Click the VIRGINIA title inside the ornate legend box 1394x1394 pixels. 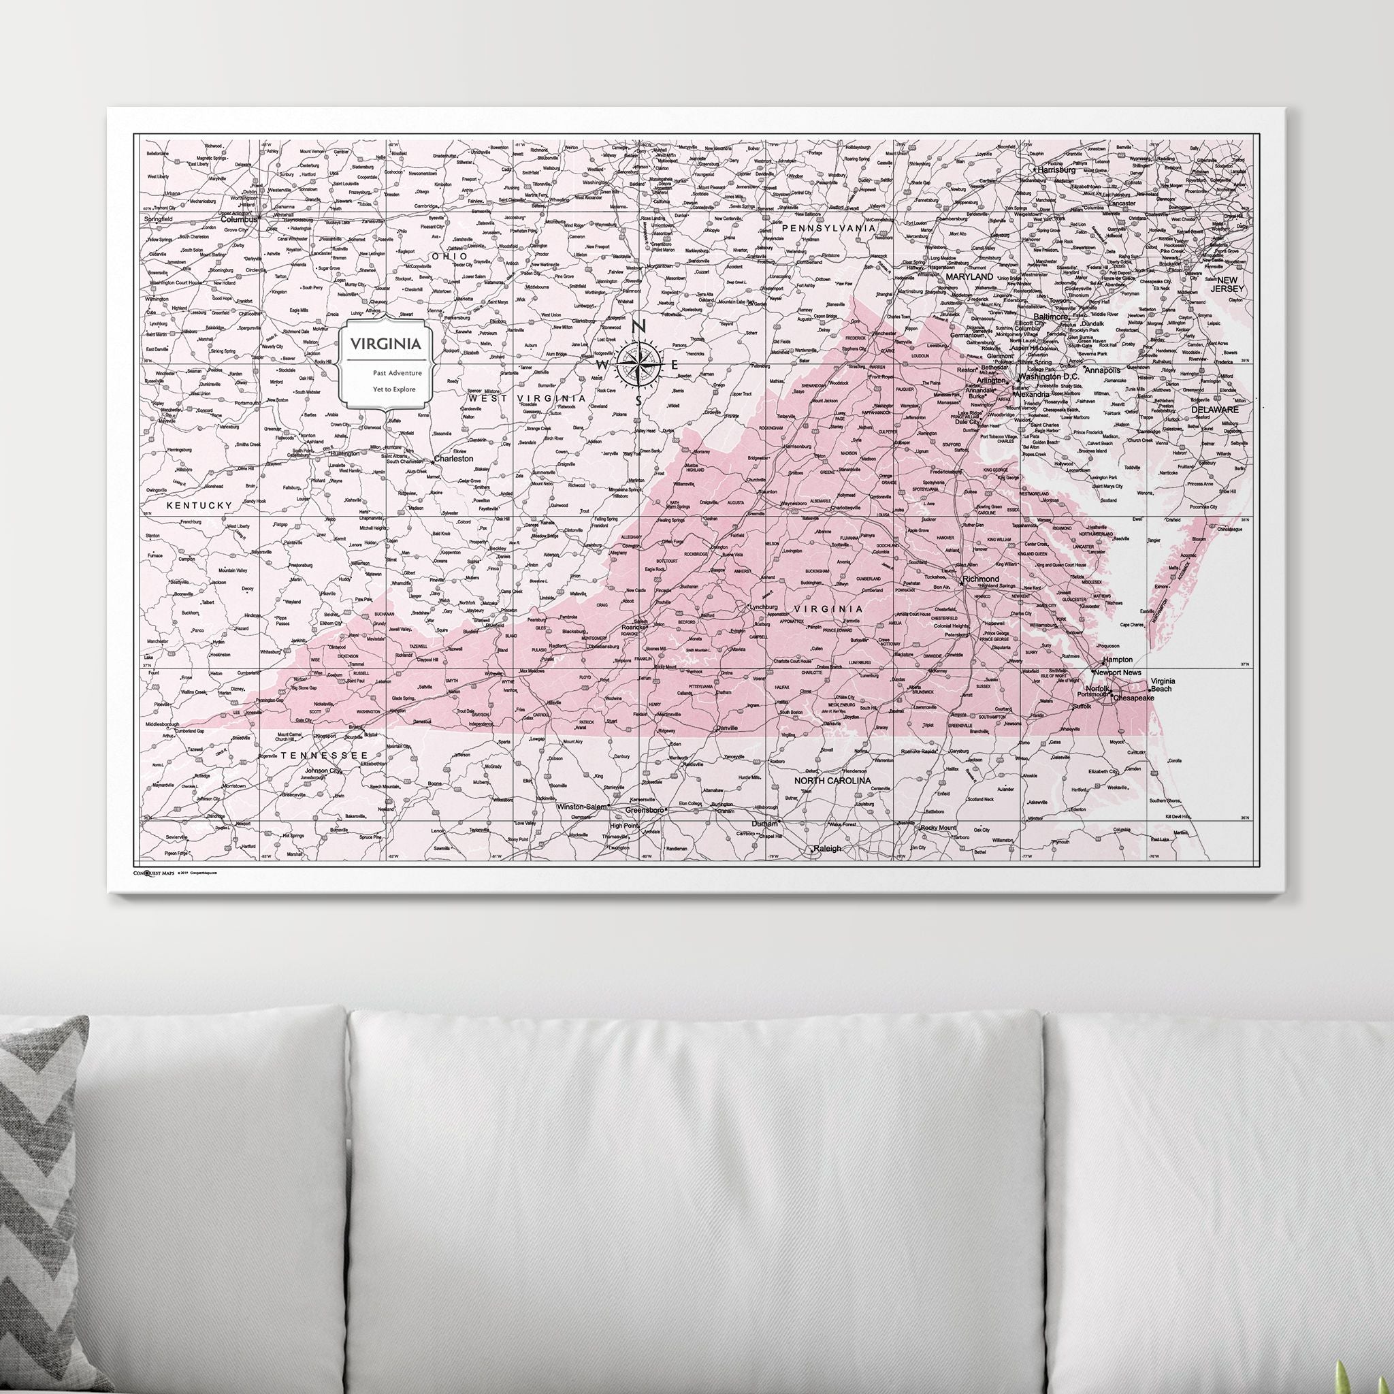pos(385,344)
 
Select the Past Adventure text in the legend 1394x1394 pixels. pos(397,373)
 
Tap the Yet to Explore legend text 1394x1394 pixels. pos(394,389)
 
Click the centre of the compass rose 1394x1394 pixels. pos(638,364)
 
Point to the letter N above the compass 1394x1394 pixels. pos(638,327)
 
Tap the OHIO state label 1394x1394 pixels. pos(449,256)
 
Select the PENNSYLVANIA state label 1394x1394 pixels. pos(828,228)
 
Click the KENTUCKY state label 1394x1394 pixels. pos(199,506)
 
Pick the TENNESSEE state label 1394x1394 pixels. pos(319,755)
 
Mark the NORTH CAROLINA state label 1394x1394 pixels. pos(832,781)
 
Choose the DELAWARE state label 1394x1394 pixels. pos(1214,409)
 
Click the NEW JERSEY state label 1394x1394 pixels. pos(1227,285)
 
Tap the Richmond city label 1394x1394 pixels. pos(981,579)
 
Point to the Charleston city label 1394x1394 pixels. pos(453,458)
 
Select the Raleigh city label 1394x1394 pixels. pos(827,849)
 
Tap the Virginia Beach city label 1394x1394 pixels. pos(1163,685)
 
